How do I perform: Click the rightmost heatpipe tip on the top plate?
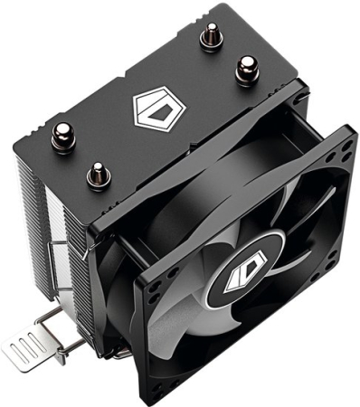coord(245,67)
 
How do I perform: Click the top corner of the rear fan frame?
coord(294,89)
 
